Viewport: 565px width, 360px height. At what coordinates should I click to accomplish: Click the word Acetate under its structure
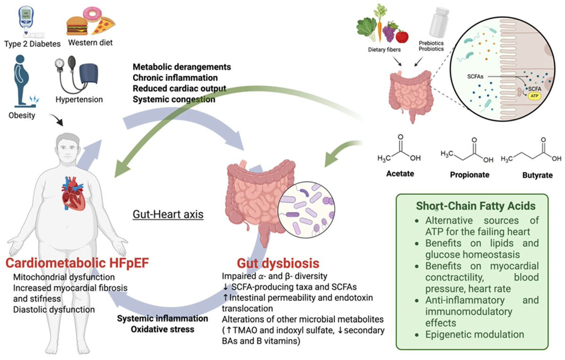pyautogui.click(x=401, y=174)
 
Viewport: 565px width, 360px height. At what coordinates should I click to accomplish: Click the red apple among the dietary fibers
pyautogui.click(x=402, y=36)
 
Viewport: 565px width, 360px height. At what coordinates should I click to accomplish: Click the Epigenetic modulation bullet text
pyautogui.click(x=475, y=335)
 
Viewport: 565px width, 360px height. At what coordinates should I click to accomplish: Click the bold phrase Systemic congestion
pyautogui.click(x=174, y=99)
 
